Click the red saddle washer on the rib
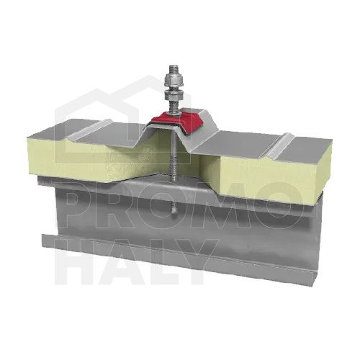(x=178, y=120)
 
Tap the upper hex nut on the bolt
(x=174, y=80)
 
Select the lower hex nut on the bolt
(x=174, y=96)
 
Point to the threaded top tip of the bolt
(x=174, y=69)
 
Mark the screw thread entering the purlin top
(x=174, y=166)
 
